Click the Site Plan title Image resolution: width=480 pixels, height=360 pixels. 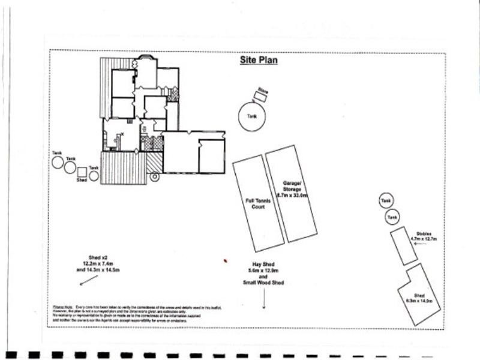coord(259,60)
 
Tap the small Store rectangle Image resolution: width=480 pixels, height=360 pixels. coord(261,95)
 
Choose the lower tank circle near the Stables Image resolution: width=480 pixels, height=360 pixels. coord(392,216)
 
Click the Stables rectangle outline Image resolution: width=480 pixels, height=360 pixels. coord(404,246)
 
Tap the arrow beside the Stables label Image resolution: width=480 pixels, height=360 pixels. coord(419,245)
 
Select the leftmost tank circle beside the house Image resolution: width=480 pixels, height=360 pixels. coord(58,162)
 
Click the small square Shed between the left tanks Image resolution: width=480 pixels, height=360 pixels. coord(82,172)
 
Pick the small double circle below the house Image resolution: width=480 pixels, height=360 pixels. coord(154,177)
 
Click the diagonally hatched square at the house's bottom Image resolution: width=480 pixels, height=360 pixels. coord(154,162)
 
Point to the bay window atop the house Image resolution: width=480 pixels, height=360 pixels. coord(144,58)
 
